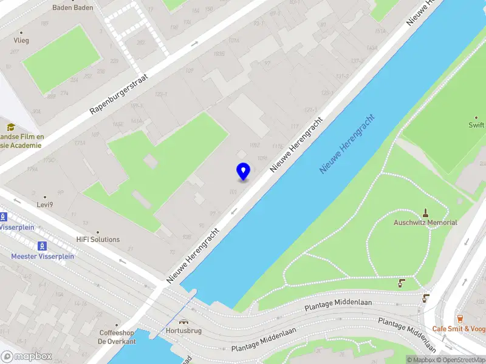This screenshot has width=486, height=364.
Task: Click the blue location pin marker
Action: tap(243, 171)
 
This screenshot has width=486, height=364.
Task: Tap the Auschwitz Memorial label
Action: tap(425, 223)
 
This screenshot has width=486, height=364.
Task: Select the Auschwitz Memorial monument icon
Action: tap(425, 213)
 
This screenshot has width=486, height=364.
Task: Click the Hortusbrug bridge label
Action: tap(183, 331)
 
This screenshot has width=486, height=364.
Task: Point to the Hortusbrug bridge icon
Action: tap(183, 322)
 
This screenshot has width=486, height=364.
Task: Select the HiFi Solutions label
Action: tap(98, 240)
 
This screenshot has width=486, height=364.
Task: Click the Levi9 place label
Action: tap(45, 206)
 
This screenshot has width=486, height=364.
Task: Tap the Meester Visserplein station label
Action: tap(43, 256)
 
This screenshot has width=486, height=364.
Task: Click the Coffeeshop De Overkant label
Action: tap(117, 337)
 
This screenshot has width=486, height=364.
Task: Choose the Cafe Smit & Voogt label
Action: tap(459, 329)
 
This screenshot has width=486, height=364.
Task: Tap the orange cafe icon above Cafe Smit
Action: tap(460, 318)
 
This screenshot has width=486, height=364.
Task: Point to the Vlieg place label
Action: tap(21, 41)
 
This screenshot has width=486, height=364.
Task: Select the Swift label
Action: tap(476, 126)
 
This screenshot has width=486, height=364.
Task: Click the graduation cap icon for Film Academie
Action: tap(10, 127)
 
